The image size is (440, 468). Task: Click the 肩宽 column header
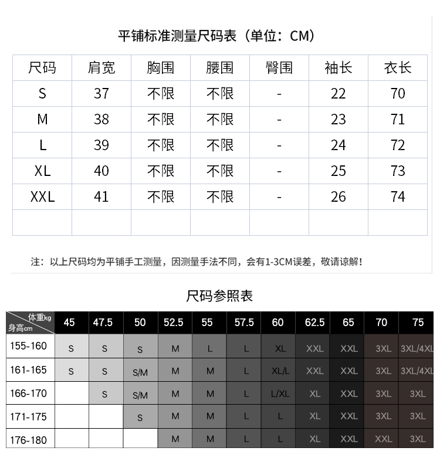click(101, 68)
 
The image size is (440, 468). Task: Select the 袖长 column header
click(339, 68)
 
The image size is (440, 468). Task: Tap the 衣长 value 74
click(398, 196)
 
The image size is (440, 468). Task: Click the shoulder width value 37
click(101, 94)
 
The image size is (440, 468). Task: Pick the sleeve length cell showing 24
click(339, 145)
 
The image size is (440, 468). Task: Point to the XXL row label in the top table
click(42, 196)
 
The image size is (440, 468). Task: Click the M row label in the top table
click(42, 120)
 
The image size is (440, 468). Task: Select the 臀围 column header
click(279, 68)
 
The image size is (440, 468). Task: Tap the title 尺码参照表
click(219, 296)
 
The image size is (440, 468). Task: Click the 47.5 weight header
click(103, 323)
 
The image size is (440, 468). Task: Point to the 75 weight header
click(418, 323)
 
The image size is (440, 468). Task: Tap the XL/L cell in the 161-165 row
click(280, 371)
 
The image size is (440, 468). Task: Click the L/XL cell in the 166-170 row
click(280, 394)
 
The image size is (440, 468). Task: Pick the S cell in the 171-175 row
click(140, 418)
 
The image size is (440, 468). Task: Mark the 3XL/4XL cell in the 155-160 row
click(417, 348)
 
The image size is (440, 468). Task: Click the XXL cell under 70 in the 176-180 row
click(383, 439)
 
